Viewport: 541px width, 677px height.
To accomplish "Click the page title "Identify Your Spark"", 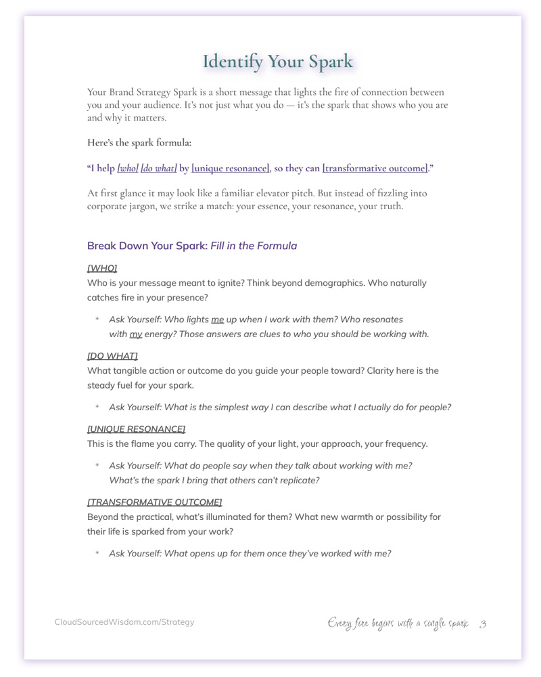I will (x=277, y=62).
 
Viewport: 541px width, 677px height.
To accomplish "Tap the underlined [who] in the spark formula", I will (x=128, y=168).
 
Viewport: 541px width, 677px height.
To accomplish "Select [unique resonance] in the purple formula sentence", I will (x=231, y=168).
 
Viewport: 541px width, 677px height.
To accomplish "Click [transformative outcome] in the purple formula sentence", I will (x=375, y=168).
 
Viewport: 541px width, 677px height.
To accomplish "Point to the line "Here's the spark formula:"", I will (x=139, y=143).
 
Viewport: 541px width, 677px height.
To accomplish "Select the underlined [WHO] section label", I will (x=102, y=268).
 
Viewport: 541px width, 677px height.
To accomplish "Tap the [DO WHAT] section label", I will (x=112, y=356).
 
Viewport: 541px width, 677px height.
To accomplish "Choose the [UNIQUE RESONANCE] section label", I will (x=136, y=429).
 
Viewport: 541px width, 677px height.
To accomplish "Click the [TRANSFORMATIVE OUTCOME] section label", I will (x=154, y=502).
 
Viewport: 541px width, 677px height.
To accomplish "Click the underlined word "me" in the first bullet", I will (x=217, y=320).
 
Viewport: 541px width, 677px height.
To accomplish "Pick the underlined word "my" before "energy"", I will (x=136, y=334).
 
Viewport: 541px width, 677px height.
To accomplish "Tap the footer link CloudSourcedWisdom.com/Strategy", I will (x=124, y=622).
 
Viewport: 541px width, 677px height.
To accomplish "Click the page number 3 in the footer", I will (x=483, y=624).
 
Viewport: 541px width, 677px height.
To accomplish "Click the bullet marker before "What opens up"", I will (x=97, y=554).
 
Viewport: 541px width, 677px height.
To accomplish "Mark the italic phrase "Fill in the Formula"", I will (x=254, y=246).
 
